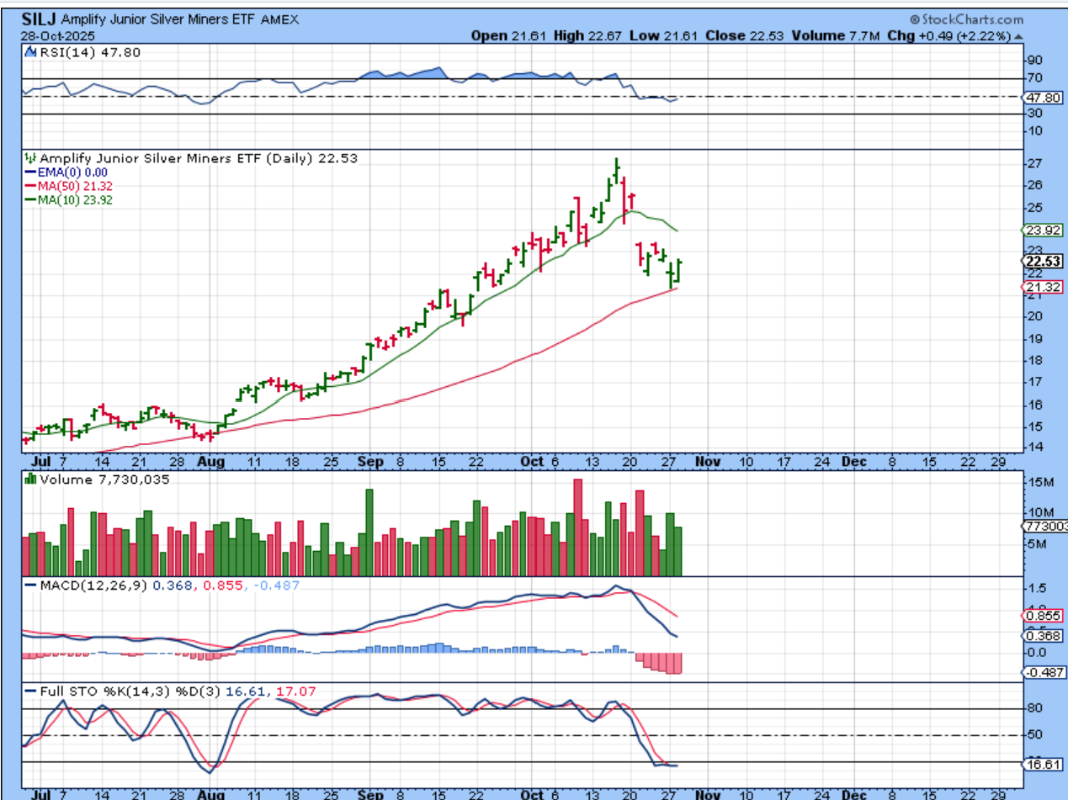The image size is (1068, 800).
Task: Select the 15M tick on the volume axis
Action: tap(1039, 482)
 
